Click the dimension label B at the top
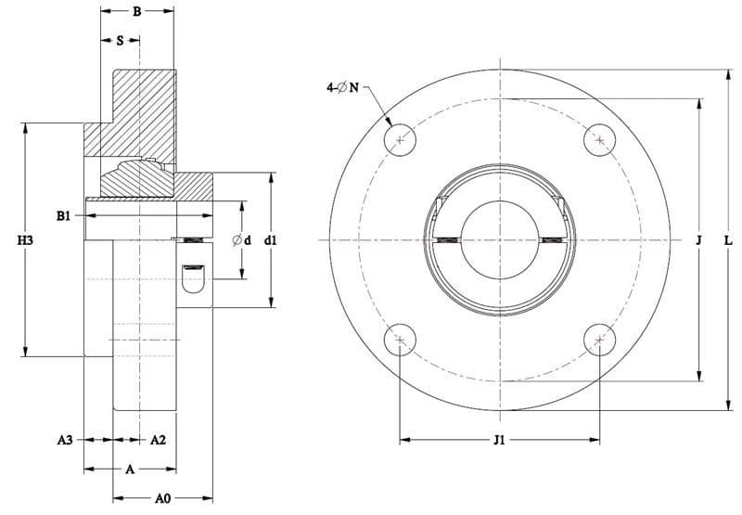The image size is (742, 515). [136, 11]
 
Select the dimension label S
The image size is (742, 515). [121, 41]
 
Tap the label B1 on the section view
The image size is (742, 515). [63, 216]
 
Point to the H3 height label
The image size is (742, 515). [26, 240]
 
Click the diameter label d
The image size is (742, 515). [242, 240]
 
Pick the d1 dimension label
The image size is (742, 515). [271, 240]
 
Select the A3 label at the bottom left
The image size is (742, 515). [65, 440]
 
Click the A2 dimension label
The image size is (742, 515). [158, 440]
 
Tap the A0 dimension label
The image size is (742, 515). [163, 498]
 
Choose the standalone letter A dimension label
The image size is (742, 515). [130, 470]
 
